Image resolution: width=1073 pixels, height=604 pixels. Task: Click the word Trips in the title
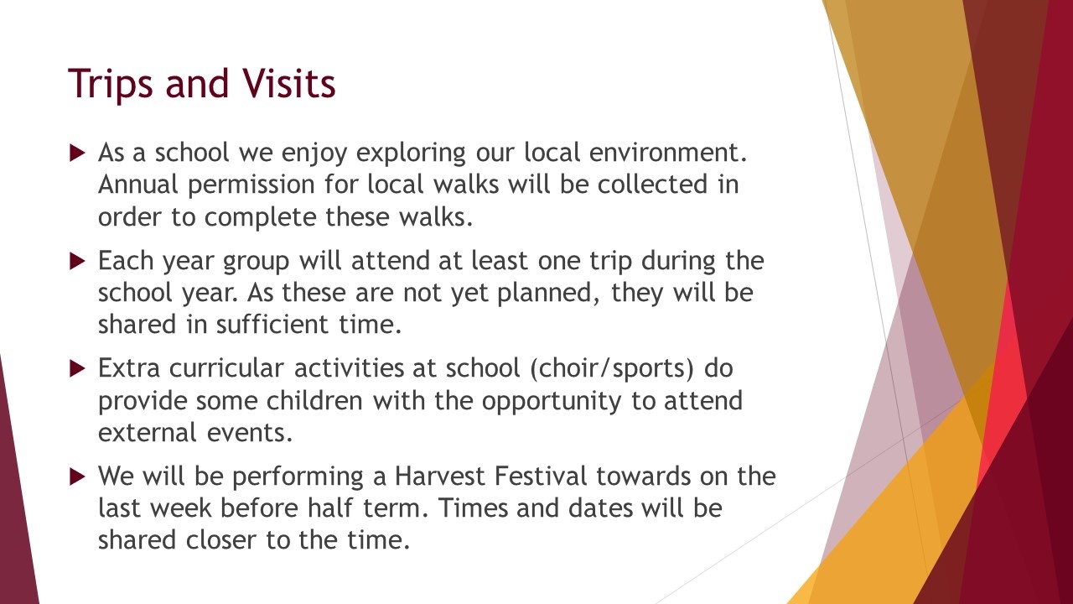(111, 85)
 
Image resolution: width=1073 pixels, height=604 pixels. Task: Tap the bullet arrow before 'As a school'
(77, 153)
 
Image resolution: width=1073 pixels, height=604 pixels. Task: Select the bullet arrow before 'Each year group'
(77, 261)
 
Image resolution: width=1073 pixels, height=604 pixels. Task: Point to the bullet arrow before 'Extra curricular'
(77, 368)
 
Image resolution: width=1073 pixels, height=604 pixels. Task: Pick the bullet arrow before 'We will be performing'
(77, 477)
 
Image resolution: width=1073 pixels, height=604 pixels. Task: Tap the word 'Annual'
(138, 185)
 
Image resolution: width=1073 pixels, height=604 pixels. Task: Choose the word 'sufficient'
(272, 324)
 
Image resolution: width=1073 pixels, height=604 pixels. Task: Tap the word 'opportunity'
(552, 402)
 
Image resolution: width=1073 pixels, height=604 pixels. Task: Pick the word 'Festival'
(541, 476)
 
